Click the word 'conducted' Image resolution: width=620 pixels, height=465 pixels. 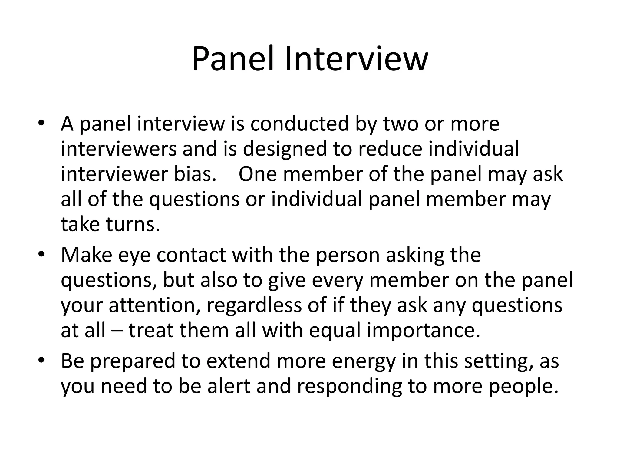click(x=300, y=124)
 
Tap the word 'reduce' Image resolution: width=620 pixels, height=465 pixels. click(x=390, y=149)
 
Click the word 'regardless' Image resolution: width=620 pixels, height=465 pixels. click(x=254, y=305)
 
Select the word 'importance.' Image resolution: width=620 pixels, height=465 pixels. click(x=424, y=331)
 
